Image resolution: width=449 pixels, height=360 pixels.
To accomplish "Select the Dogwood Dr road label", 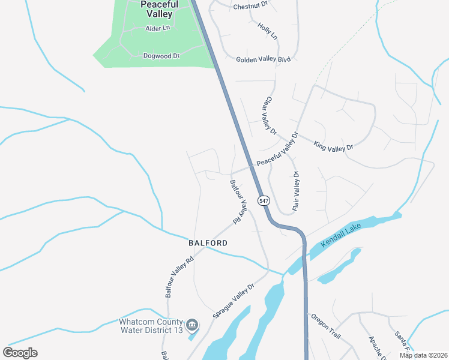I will pyautogui.click(x=161, y=56).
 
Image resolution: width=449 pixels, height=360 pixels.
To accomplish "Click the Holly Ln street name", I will pyautogui.click(x=268, y=31).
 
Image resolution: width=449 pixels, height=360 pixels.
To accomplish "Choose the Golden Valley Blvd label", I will pyautogui.click(x=263, y=59).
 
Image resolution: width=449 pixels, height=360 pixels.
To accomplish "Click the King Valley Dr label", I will pyautogui.click(x=334, y=145).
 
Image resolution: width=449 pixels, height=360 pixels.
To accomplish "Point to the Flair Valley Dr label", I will pyautogui.click(x=296, y=191).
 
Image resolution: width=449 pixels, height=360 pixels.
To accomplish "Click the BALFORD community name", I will pyautogui.click(x=208, y=243).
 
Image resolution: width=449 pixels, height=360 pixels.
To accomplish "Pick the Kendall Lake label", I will pyautogui.click(x=343, y=235).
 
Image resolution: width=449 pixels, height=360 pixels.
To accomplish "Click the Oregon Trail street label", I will pyautogui.click(x=325, y=326).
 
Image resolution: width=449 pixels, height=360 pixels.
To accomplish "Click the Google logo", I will pyautogui.click(x=20, y=353).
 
